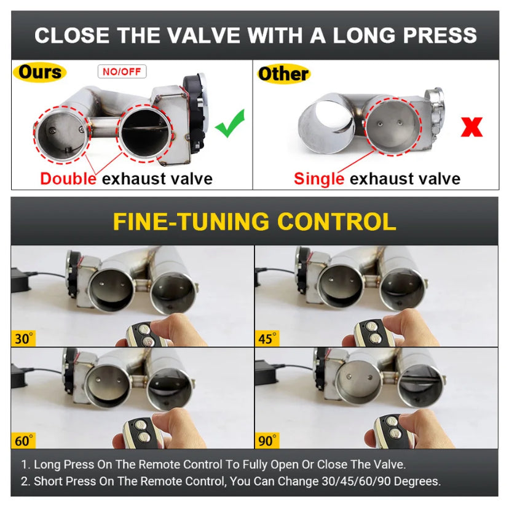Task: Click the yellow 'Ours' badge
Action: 39,72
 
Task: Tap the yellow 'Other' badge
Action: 284,74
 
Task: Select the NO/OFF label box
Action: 122,72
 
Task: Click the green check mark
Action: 230,123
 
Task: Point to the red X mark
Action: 472,126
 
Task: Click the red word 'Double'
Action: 68,179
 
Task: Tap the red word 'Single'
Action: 319,179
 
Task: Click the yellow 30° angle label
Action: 23,338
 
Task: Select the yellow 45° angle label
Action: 267,338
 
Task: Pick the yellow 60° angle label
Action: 23,441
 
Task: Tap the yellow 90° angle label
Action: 267,441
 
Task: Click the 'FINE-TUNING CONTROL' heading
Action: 254,222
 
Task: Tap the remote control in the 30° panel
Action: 145,334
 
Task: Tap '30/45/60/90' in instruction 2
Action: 356,481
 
